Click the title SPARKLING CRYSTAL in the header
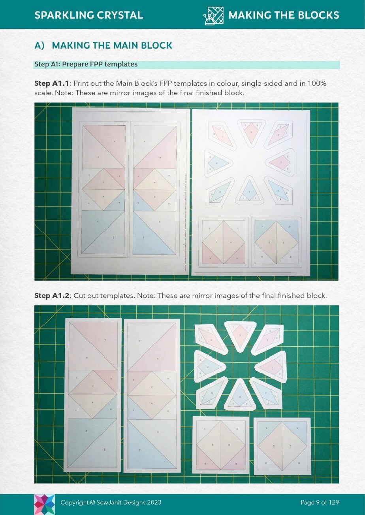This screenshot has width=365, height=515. (88, 15)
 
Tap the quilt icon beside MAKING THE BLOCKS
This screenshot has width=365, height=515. (213, 15)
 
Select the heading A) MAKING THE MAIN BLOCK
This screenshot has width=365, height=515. (103, 45)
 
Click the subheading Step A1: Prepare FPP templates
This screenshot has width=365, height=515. (86, 64)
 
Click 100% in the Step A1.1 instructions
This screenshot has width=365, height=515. (318, 84)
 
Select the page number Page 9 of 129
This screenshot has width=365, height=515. (320, 502)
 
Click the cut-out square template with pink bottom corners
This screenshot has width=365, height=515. (221, 445)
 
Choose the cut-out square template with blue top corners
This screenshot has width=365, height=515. (282, 446)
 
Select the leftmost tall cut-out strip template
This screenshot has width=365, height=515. (93, 395)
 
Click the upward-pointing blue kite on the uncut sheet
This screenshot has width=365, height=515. (248, 190)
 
